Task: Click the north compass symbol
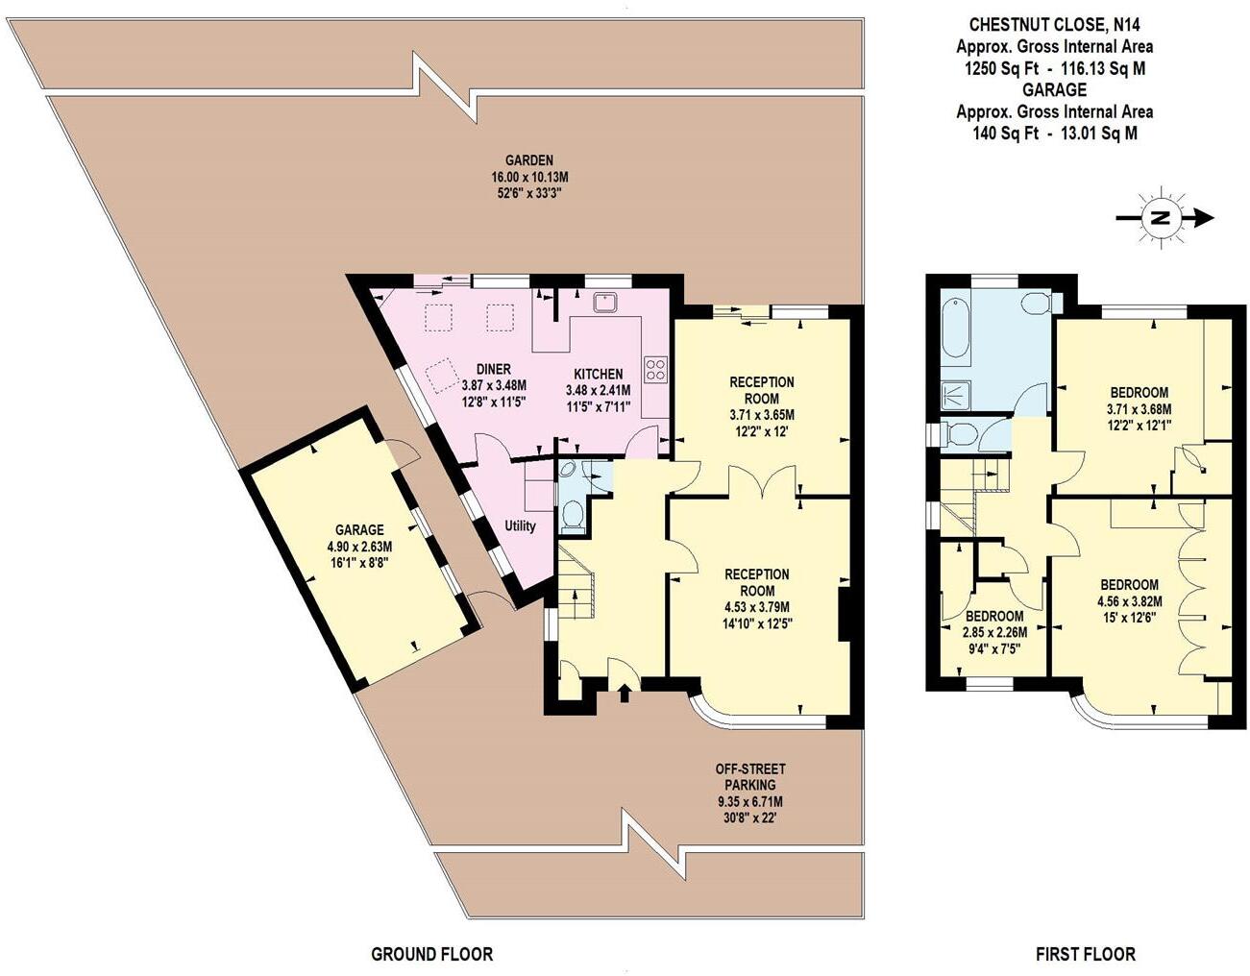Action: pos(1161,218)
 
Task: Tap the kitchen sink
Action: pos(605,303)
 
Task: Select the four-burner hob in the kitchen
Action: pos(656,369)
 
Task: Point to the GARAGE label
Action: pos(359,529)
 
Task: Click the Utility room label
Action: pos(521,525)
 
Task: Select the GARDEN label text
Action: pos(529,160)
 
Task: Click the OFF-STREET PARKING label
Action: pos(749,776)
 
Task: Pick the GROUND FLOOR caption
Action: pos(431,954)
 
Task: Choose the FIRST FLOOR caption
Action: pos(1085,954)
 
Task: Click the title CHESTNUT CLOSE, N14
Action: pos(1054,24)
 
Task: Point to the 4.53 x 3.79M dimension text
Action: pos(757,606)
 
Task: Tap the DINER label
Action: pos(493,369)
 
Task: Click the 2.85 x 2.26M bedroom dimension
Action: pos(993,632)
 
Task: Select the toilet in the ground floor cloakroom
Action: pos(573,518)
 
